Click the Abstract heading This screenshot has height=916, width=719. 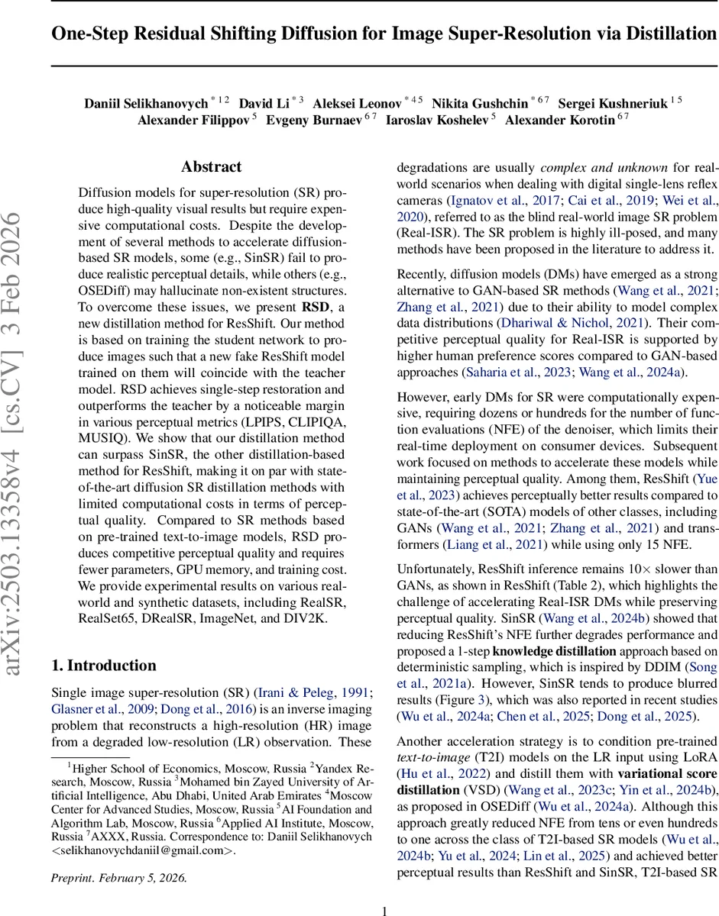pos(211,166)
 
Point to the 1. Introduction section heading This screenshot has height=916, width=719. pos(104,665)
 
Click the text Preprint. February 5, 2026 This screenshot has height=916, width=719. pos(118,878)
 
